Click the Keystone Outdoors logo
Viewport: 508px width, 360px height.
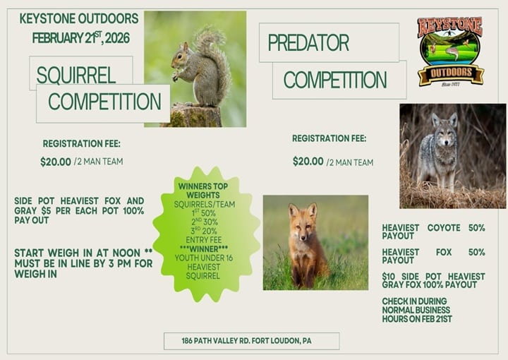click(449, 51)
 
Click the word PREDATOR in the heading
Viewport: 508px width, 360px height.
click(308, 43)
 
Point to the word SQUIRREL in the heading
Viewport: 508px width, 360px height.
click(80, 73)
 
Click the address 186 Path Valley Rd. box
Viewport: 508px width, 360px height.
click(251, 341)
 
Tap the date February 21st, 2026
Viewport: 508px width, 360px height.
click(80, 37)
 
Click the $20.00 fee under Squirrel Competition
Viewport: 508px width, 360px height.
click(56, 162)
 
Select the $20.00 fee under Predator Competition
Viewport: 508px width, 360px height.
click(308, 162)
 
